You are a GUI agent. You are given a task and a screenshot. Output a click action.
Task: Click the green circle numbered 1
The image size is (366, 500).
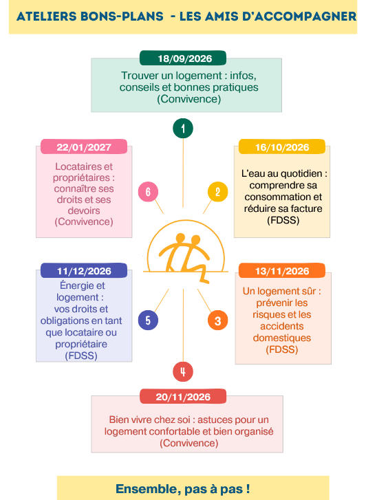coord(183,128)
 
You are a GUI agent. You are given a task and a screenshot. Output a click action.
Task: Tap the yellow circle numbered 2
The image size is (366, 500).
coord(217,192)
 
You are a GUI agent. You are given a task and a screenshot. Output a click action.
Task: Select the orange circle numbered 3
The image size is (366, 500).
coord(217,320)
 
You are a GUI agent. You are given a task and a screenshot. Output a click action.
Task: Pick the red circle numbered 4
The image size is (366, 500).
coord(183,371)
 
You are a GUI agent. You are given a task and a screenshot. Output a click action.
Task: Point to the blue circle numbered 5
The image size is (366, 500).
coord(148,320)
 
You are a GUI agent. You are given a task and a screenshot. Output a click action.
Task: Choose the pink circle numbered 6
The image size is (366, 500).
coord(148,192)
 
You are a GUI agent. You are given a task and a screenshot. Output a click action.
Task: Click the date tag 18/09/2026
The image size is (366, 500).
coord(183,58)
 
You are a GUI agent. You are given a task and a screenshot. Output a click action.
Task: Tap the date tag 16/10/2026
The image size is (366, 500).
coord(282,146)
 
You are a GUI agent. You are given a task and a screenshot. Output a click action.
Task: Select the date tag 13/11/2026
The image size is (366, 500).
coord(282,271)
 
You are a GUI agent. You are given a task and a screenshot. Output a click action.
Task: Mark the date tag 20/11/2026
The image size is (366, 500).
coord(183,396)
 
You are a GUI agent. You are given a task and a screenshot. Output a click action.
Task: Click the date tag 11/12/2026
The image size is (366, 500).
coord(84,271)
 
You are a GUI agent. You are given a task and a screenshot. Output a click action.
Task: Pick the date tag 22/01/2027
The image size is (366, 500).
coord(84,146)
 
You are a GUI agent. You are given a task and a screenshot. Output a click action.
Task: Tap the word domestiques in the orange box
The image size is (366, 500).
coord(282,338)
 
